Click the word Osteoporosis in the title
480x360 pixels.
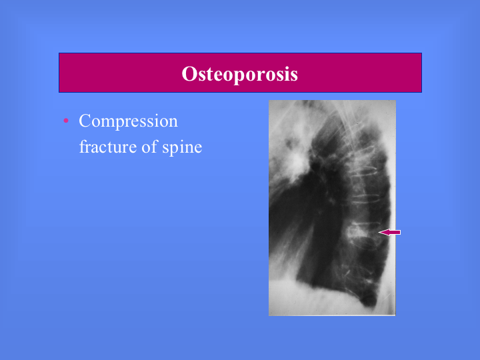[240, 74]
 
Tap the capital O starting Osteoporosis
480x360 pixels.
[189, 74]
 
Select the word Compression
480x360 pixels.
[128, 121]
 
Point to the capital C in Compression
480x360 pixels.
[85, 120]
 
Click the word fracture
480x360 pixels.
[108, 146]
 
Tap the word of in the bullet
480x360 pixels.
[149, 146]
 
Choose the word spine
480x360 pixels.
[182, 147]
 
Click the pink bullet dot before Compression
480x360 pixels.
[66, 121]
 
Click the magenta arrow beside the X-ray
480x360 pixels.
[389, 233]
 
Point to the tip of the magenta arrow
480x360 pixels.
[379, 233]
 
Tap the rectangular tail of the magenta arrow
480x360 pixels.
[395, 233]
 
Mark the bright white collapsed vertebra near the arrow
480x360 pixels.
[357, 233]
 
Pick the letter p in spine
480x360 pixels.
[174, 149]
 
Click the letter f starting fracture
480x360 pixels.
[83, 146]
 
